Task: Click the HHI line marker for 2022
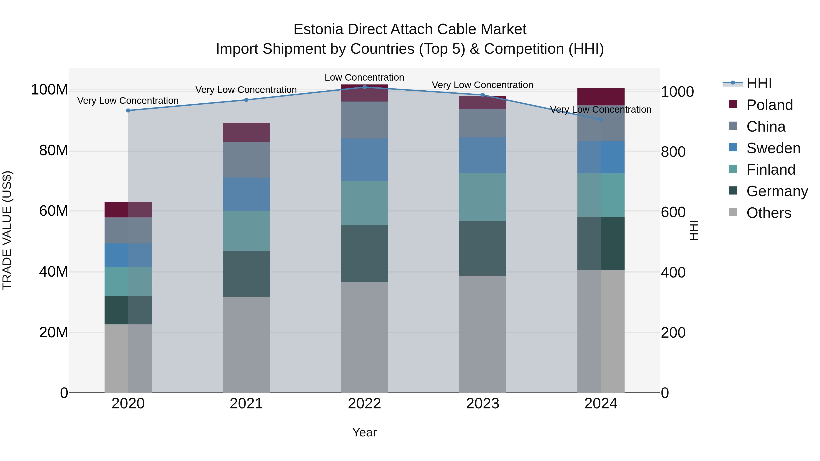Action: point(364,87)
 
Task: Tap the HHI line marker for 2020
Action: point(128,110)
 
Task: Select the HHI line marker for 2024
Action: point(601,120)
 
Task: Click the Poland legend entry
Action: point(769,105)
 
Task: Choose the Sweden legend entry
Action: point(773,148)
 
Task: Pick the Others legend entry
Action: point(769,213)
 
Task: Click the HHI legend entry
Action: point(759,83)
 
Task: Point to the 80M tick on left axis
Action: point(54,150)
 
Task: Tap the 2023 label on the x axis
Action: point(483,404)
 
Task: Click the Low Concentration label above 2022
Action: point(364,77)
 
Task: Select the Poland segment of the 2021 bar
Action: point(246,132)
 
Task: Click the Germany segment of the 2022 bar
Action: point(364,254)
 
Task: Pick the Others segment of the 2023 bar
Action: point(483,334)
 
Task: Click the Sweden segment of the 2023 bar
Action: point(483,155)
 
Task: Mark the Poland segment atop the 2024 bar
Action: point(601,96)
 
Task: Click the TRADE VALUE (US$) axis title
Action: point(7,230)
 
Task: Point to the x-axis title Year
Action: point(364,432)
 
